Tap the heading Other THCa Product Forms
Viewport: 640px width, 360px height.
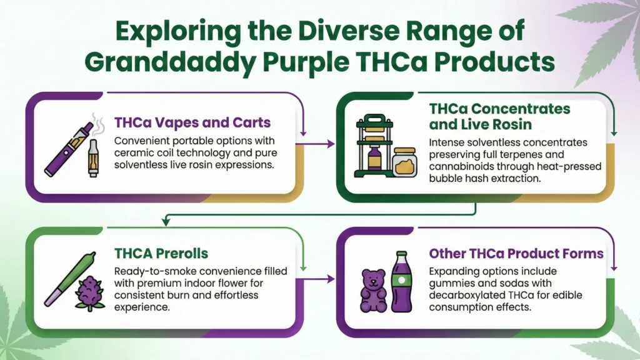point(516,254)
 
